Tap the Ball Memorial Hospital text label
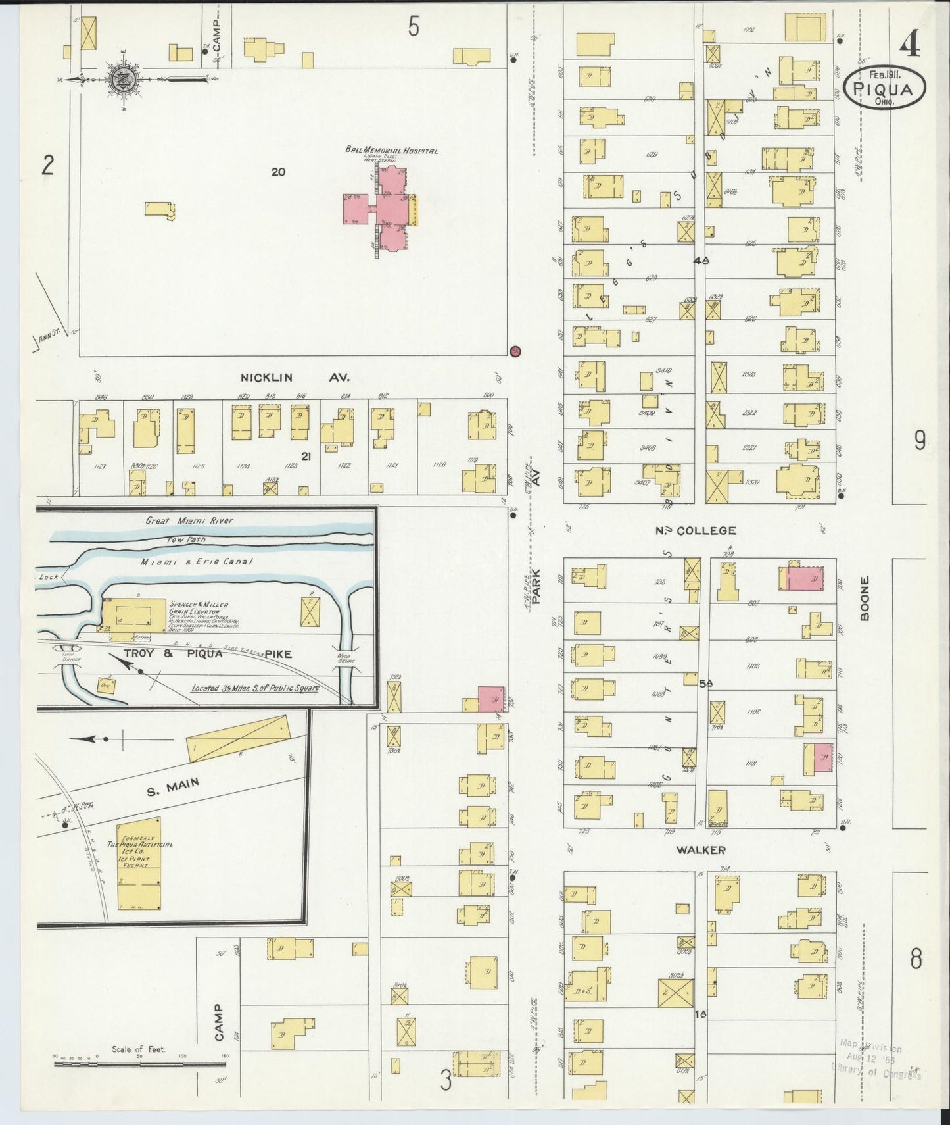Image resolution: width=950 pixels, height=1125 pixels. coord(391,151)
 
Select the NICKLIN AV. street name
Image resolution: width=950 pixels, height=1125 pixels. coord(294,378)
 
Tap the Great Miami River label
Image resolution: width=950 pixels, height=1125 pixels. coord(189,520)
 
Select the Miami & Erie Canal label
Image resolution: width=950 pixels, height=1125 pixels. coord(196,562)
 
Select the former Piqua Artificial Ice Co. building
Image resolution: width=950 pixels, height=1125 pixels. coord(139,864)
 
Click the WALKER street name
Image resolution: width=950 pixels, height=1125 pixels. coord(701,850)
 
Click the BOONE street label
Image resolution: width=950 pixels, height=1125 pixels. coord(865,598)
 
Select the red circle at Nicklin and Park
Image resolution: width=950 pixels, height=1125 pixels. coord(515,351)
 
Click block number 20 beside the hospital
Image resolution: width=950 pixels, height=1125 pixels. coord(278,172)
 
